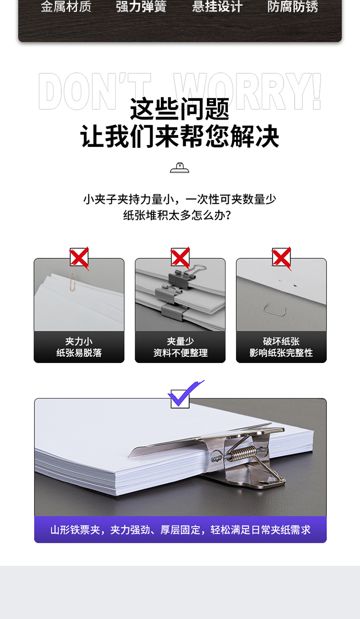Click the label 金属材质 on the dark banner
click(x=66, y=6)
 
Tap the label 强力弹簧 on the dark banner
click(x=141, y=6)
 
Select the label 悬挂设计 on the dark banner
click(x=217, y=6)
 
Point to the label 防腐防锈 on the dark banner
click(x=293, y=6)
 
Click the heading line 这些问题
click(x=180, y=109)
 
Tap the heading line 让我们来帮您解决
click(x=180, y=136)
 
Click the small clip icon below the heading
click(x=180, y=168)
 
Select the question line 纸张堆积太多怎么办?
click(x=177, y=215)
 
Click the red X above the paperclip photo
click(x=79, y=258)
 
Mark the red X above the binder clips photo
click(x=180, y=258)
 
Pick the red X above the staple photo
click(x=282, y=258)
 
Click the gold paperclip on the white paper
click(x=73, y=282)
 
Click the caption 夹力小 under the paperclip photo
click(x=79, y=341)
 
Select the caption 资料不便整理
click(x=180, y=352)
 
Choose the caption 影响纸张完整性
click(x=281, y=352)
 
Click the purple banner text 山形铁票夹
click(x=75, y=530)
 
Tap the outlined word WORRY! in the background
click(x=247, y=91)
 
